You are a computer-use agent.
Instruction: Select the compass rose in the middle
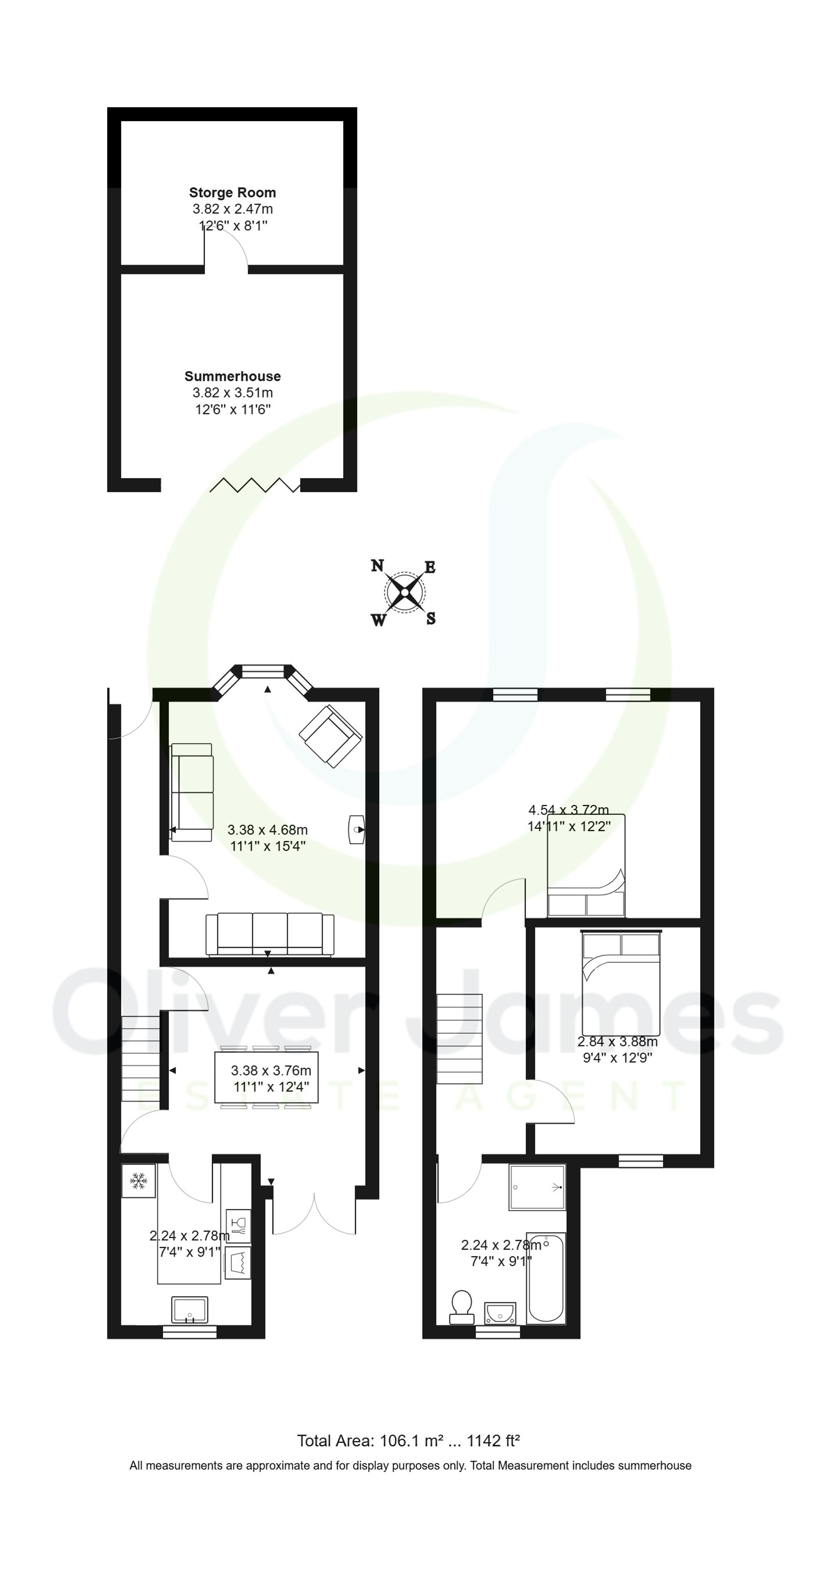coord(404,592)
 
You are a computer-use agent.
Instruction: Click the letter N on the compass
coord(377,565)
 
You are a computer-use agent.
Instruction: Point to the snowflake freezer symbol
coord(138,1181)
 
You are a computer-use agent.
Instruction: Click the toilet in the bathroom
coord(461,1307)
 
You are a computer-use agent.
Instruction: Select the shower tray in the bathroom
coord(537,1187)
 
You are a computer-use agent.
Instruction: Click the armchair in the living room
coord(330,736)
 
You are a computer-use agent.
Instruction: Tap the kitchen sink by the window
coord(190,1310)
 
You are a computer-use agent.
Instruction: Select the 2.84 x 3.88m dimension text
coord(617,1042)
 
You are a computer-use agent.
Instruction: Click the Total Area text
coord(408,1440)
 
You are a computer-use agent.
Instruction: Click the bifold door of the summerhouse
coord(255,485)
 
